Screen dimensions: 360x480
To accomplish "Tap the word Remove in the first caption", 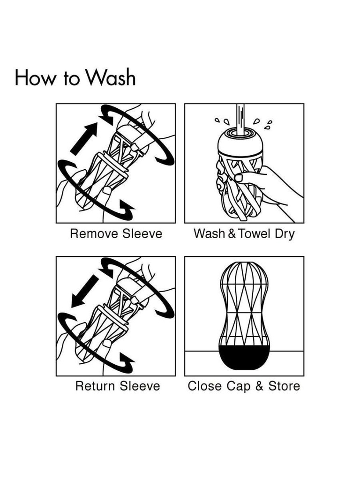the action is coord(94,233).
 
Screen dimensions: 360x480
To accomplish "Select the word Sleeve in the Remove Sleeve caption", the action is coord(142,233).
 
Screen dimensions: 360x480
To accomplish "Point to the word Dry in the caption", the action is coord(285,234).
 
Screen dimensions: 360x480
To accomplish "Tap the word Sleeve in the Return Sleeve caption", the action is coord(140,386).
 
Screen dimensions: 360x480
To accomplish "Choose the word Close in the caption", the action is coord(204,386).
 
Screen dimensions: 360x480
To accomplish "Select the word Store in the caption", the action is coord(284,386).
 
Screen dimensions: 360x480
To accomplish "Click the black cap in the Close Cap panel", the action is coord(245,356).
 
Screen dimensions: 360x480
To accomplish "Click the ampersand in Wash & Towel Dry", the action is coord(232,233).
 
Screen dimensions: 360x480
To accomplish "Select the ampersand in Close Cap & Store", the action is coord(259,386).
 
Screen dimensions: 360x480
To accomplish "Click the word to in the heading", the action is coord(71,79).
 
